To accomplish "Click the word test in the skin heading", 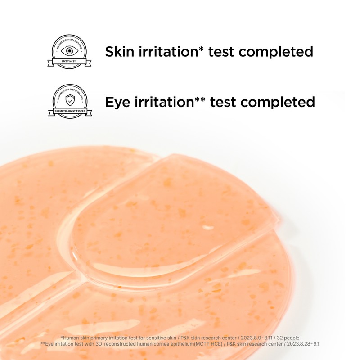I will point(220,52).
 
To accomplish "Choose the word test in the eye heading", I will point(222,103).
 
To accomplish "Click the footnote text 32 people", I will point(287,337).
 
